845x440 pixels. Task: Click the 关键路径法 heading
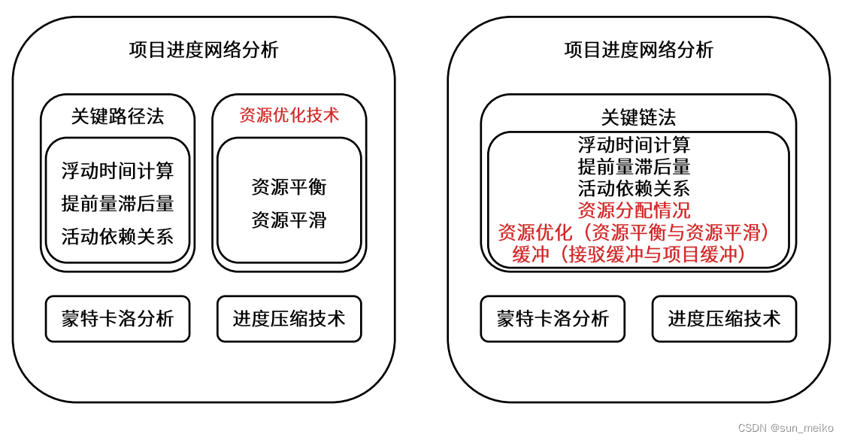click(x=117, y=117)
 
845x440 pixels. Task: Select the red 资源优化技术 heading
click(x=289, y=115)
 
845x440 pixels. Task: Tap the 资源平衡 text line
click(x=289, y=187)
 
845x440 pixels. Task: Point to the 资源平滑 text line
click(x=289, y=220)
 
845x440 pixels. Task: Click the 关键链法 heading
click(x=638, y=117)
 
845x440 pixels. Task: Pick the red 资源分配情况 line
click(x=634, y=210)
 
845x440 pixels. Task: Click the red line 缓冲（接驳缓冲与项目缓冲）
click(x=632, y=255)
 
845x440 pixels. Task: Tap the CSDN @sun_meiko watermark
click(x=786, y=428)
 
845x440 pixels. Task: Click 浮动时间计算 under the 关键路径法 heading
click(x=117, y=171)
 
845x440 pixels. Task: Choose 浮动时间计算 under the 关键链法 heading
click(x=634, y=144)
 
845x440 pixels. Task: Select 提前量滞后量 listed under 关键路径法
click(x=117, y=204)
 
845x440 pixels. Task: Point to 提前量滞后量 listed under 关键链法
click(x=634, y=166)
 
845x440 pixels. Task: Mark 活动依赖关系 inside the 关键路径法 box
click(x=117, y=236)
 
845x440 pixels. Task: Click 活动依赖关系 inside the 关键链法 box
click(x=634, y=188)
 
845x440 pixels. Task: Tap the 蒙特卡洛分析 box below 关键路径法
click(x=117, y=319)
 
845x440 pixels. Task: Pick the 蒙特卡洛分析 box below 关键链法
click(x=553, y=319)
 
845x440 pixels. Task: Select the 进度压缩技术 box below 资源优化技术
click(x=289, y=319)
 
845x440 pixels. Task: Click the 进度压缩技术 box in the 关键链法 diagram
click(x=724, y=319)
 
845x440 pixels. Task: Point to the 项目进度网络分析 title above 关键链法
click(x=638, y=50)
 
